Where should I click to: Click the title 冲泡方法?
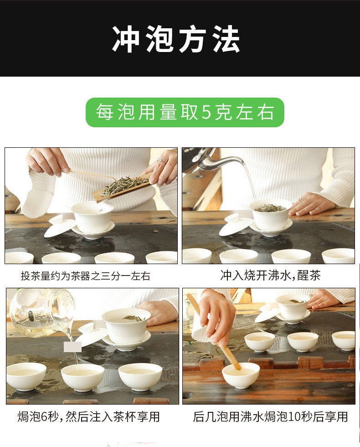[176, 39]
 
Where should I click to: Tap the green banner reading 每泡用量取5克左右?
[185, 112]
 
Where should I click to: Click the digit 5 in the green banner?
[206, 112]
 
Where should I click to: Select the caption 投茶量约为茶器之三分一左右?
[86, 275]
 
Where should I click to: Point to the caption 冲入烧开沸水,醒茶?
[270, 275]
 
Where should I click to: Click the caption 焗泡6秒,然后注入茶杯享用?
[88, 416]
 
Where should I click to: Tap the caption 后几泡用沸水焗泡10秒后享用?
[270, 416]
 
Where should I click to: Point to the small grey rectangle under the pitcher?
[72, 347]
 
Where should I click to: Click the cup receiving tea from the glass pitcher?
[82, 377]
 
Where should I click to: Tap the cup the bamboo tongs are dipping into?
[241, 375]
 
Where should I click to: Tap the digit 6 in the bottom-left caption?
[44, 417]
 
